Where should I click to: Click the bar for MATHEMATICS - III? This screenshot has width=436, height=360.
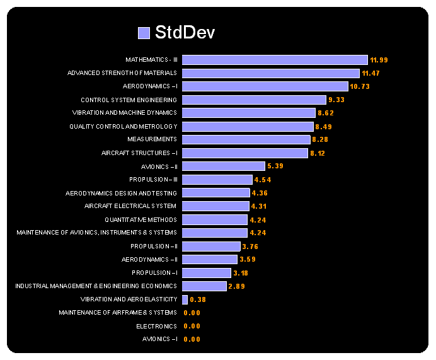(275, 60)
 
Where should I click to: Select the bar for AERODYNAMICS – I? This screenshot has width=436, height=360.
(265, 86)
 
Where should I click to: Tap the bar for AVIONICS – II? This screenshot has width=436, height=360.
(224, 166)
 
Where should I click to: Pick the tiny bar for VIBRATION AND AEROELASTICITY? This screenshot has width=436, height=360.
(185, 299)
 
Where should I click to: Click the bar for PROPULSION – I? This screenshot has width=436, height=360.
(207, 273)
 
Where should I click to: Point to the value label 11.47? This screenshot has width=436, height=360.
(370, 74)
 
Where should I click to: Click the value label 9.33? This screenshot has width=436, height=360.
(336, 100)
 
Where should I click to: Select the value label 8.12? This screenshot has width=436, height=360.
(317, 153)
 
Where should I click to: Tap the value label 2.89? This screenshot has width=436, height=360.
(237, 286)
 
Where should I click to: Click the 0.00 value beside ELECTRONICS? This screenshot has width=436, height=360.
(192, 326)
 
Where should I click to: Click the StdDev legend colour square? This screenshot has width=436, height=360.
(144, 33)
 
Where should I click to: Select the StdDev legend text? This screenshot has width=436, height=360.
(185, 33)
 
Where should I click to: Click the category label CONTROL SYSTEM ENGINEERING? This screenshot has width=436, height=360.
(129, 100)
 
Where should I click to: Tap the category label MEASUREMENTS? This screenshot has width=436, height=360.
(152, 139)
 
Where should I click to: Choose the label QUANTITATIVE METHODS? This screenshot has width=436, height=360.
(141, 219)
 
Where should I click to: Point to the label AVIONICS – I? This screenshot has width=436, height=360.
(159, 339)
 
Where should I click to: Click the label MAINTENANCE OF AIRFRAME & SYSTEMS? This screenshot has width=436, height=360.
(118, 313)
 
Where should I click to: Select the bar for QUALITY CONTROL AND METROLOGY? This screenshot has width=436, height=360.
(248, 127)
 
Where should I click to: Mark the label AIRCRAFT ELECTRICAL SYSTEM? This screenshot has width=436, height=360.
(130, 206)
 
